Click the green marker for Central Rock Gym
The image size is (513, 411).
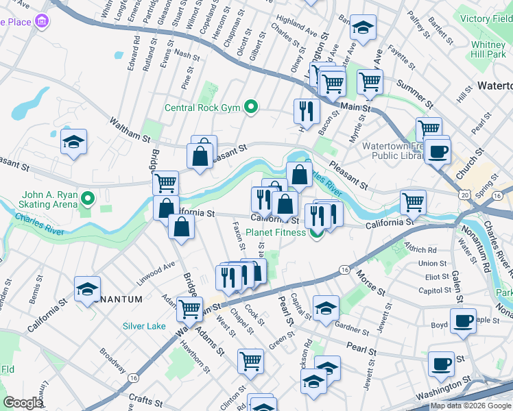point(252,107)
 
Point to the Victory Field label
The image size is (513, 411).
point(486,18)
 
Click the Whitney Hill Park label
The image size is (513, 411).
point(488,49)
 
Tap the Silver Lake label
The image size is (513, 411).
point(144,326)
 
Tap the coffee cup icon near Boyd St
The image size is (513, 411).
point(464,320)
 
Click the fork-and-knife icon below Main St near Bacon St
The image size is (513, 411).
point(307,111)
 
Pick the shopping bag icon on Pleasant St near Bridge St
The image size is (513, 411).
point(202,154)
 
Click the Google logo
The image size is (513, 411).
point(23,403)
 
